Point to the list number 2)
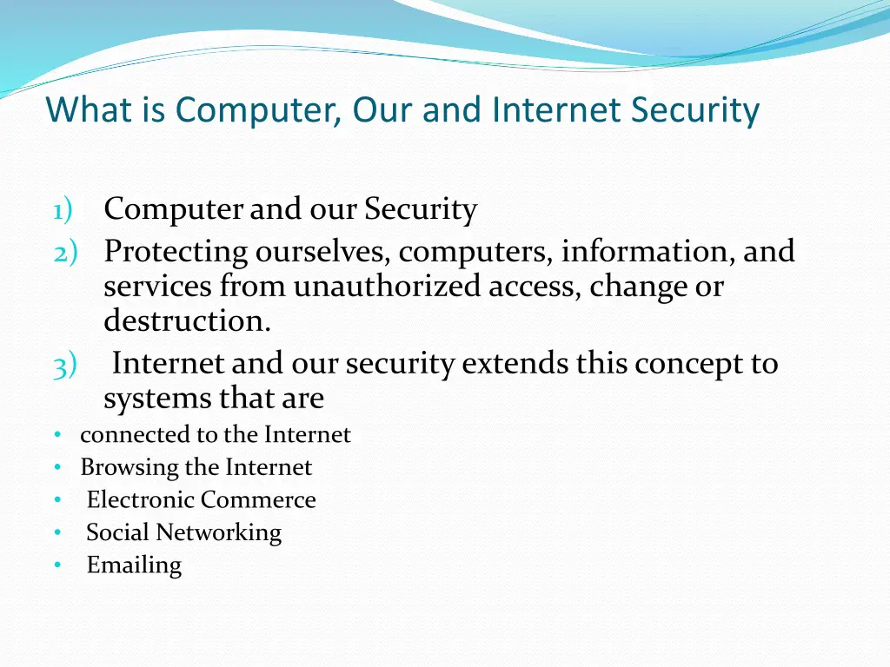point(64,252)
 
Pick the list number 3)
point(64,366)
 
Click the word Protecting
point(176,252)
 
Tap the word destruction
point(187,320)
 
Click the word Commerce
point(258,500)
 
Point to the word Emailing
point(134,565)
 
